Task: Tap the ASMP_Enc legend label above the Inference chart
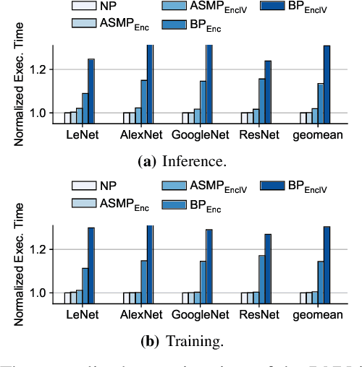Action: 124,23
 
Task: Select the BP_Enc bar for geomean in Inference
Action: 320,103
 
